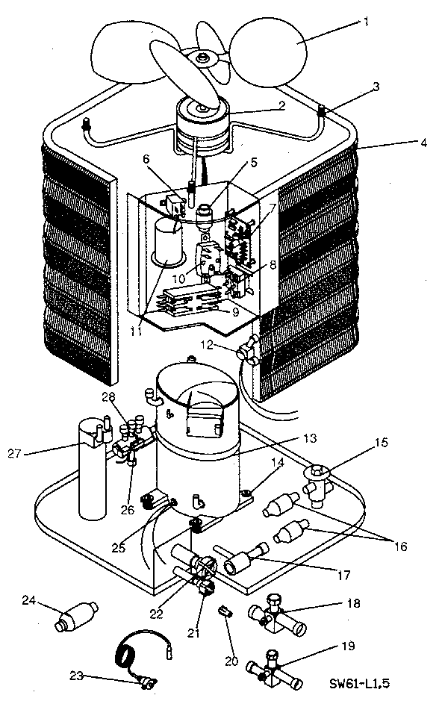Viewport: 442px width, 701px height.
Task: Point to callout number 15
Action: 381,443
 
